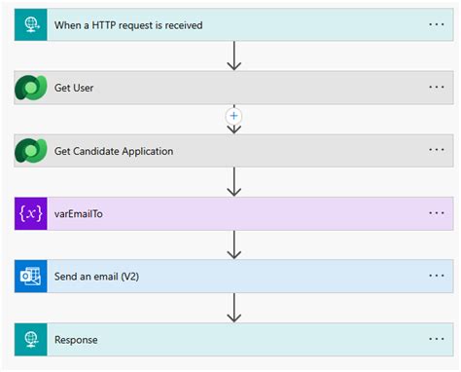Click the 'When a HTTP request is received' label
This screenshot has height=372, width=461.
click(128, 24)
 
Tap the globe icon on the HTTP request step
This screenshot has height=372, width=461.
click(30, 24)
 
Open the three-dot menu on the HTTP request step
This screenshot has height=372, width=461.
click(436, 24)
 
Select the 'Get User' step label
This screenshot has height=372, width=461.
click(74, 88)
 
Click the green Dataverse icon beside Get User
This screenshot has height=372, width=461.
click(30, 88)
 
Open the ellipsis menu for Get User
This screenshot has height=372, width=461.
click(436, 88)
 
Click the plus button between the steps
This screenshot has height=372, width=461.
click(232, 116)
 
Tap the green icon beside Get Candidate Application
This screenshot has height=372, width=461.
click(30, 151)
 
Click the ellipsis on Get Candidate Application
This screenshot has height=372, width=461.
click(436, 151)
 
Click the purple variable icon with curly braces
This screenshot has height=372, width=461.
click(30, 213)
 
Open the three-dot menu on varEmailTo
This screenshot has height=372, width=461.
click(436, 213)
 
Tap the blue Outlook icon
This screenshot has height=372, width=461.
click(30, 277)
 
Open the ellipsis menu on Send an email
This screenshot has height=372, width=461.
click(436, 277)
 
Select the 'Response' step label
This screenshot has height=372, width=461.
click(76, 340)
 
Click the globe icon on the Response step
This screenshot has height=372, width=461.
click(30, 340)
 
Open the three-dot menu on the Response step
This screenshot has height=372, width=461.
click(436, 340)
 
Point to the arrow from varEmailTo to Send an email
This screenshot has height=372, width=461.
click(232, 245)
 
